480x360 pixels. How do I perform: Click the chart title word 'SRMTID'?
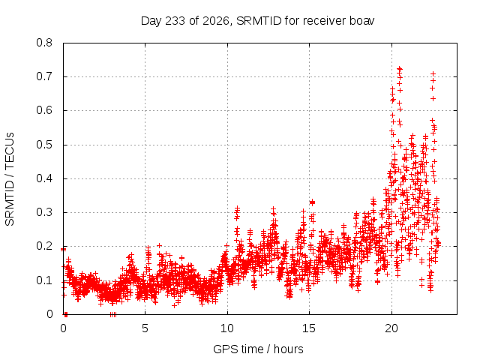tap(259, 21)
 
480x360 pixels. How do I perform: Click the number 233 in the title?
tap(175, 21)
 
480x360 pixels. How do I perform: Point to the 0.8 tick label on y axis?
tap(44, 43)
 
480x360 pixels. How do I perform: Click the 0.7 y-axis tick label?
tap(44, 76)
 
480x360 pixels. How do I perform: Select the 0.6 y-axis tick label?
tap(44, 110)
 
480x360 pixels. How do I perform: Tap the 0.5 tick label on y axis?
tap(44, 145)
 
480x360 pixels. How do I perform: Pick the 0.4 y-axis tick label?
tap(44, 178)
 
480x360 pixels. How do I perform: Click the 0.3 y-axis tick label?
tap(44, 212)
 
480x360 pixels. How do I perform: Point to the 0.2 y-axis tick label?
tap(44, 247)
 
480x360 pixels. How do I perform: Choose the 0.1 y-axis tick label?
tap(44, 280)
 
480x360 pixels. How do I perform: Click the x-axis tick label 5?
tap(145, 328)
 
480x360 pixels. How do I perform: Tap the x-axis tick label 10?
tap(227, 328)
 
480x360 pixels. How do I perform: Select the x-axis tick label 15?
tap(309, 328)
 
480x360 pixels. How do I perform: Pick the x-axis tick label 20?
tap(391, 328)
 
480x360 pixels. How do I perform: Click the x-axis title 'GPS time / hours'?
tap(258, 349)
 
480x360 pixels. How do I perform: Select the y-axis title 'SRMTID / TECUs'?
tap(10, 179)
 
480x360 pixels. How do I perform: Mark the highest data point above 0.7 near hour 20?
tap(400, 69)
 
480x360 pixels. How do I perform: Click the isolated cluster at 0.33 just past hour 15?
tap(312, 202)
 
